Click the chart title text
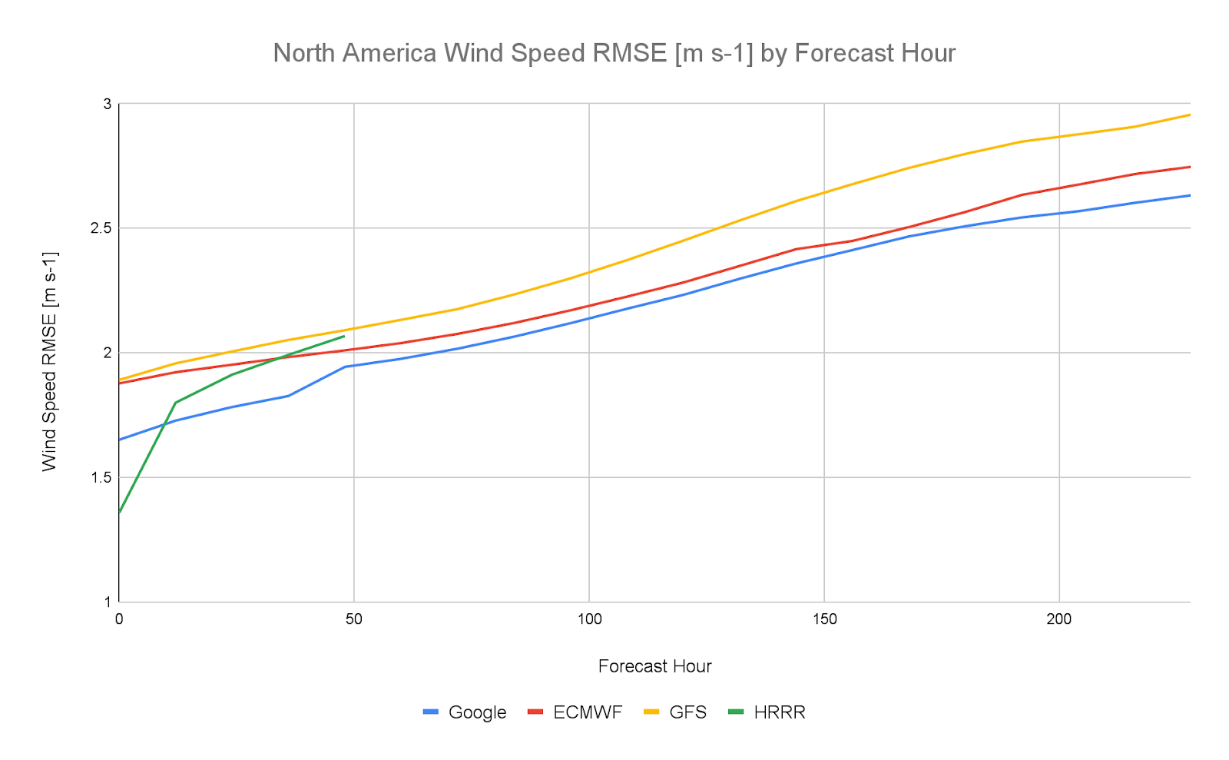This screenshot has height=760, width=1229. (x=614, y=53)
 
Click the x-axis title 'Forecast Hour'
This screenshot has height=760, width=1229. (x=654, y=666)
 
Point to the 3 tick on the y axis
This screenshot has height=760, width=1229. (x=107, y=104)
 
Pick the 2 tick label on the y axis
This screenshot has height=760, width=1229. (x=107, y=353)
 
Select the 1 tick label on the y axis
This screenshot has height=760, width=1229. (x=107, y=602)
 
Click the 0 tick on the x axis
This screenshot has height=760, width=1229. (x=119, y=619)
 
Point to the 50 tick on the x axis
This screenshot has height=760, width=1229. (x=354, y=619)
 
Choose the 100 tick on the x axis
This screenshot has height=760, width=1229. (x=589, y=619)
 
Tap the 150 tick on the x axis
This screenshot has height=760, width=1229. (x=824, y=619)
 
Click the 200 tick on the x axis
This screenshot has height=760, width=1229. (x=1059, y=619)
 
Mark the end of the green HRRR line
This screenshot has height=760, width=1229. (x=344, y=336)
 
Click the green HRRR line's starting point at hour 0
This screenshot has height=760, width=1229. (x=120, y=512)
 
